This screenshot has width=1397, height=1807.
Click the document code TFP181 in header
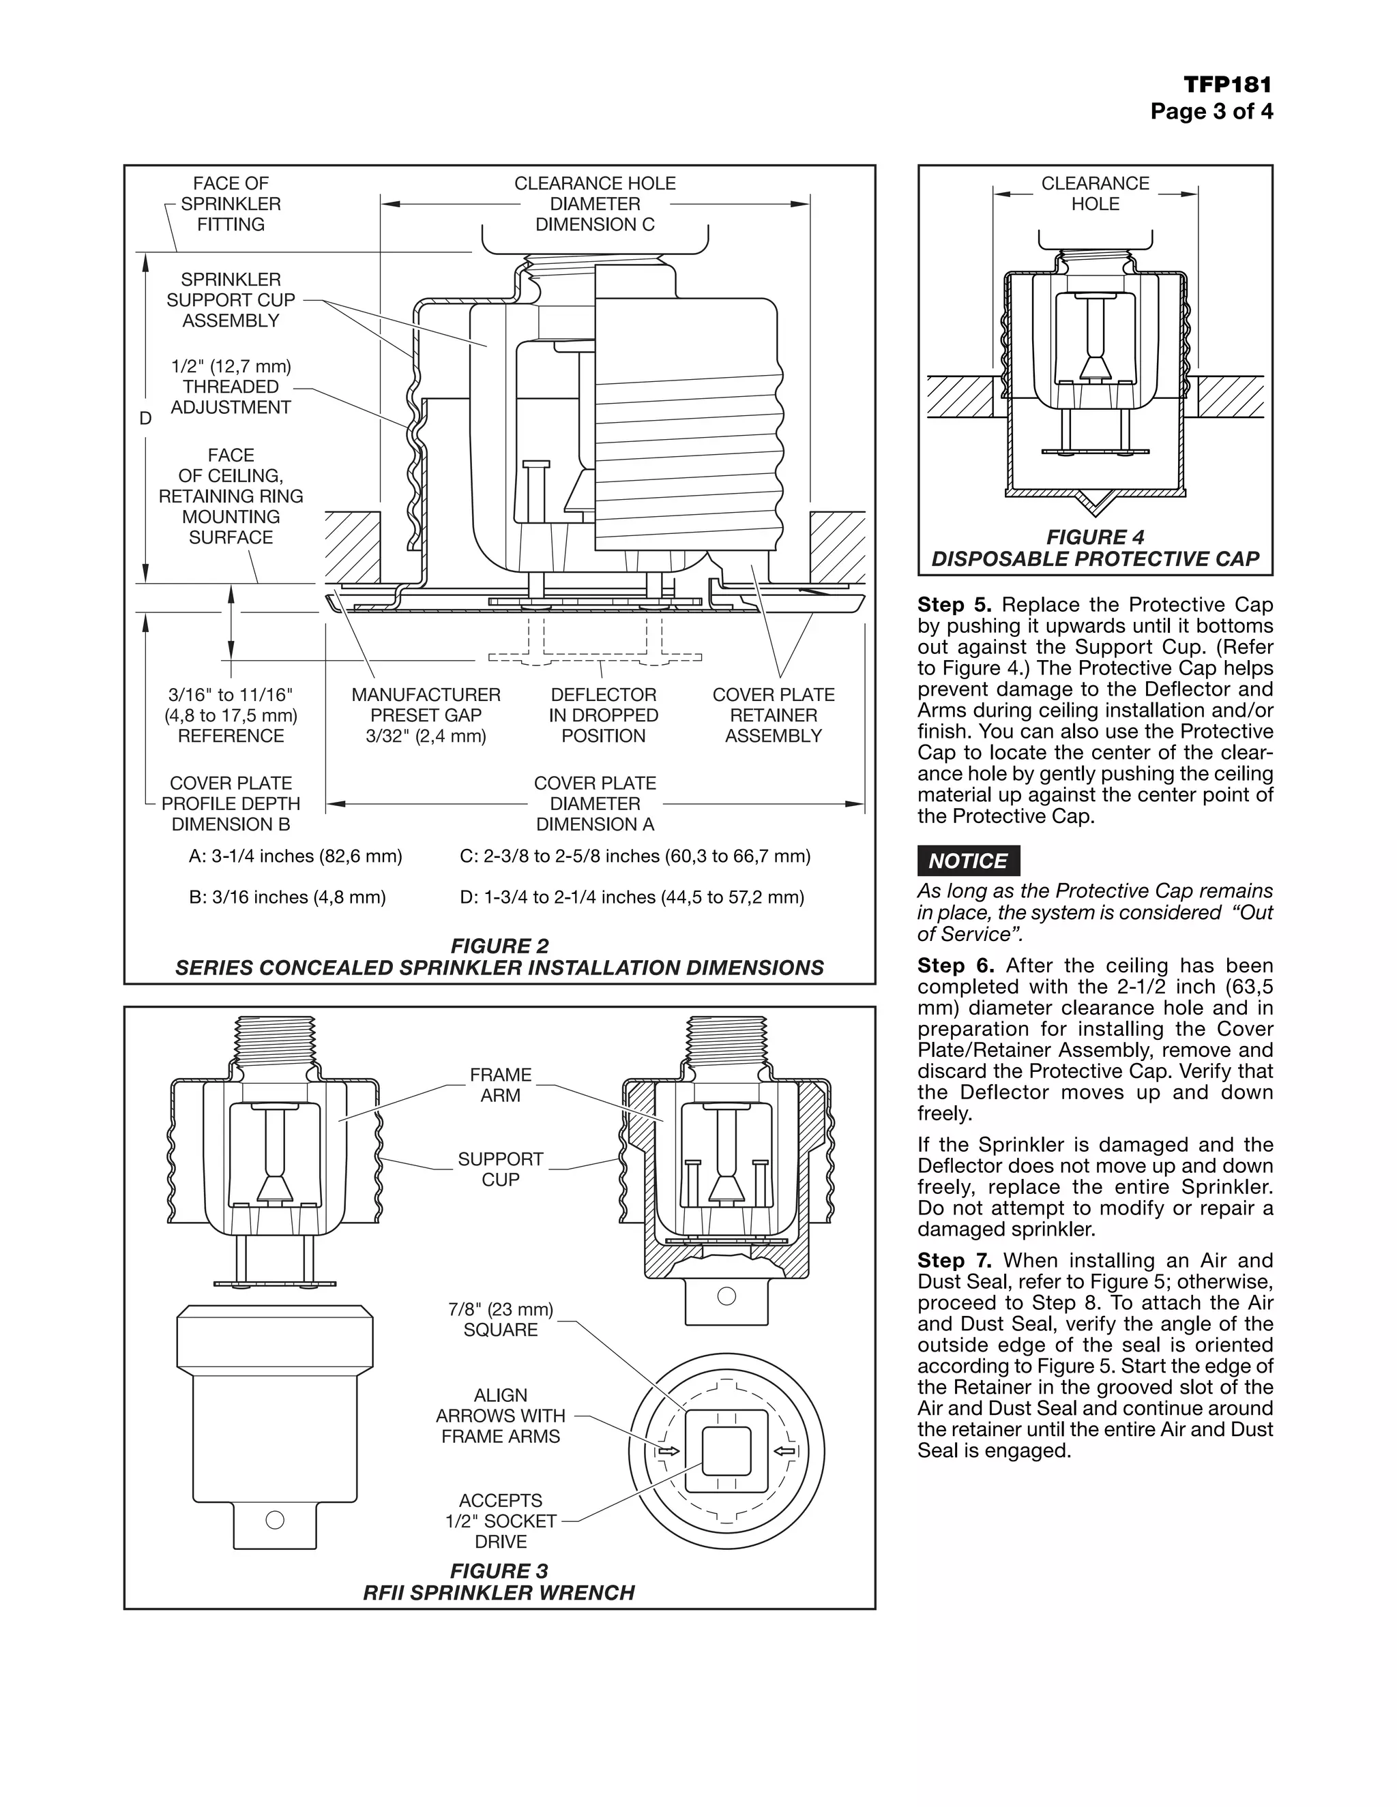coord(1226,85)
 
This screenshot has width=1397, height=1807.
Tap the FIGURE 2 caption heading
coord(499,946)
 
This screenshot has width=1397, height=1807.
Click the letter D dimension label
coord(146,419)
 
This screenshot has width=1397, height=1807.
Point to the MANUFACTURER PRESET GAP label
coord(426,715)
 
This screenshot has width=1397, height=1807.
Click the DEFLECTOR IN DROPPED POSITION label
coord(603,715)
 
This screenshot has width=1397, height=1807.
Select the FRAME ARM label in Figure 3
coord(501,1085)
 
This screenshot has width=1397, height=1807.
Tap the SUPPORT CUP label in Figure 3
coord(501,1169)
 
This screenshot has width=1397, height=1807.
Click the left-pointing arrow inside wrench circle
coord(784,1451)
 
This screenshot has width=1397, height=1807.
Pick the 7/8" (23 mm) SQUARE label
coord(501,1319)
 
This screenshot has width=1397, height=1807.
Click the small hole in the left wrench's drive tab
coord(275,1520)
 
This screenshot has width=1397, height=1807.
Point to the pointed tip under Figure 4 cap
coord(1095,504)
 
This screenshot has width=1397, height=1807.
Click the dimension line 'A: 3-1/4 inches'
coord(295,856)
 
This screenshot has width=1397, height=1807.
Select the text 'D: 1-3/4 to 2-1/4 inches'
coord(632,897)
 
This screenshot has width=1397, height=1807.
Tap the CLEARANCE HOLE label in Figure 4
coord(1095,194)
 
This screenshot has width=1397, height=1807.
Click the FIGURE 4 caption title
coord(1095,537)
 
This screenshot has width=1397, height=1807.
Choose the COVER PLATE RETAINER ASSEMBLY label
coord(773,715)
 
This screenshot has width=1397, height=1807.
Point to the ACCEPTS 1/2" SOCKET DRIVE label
coord(501,1521)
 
